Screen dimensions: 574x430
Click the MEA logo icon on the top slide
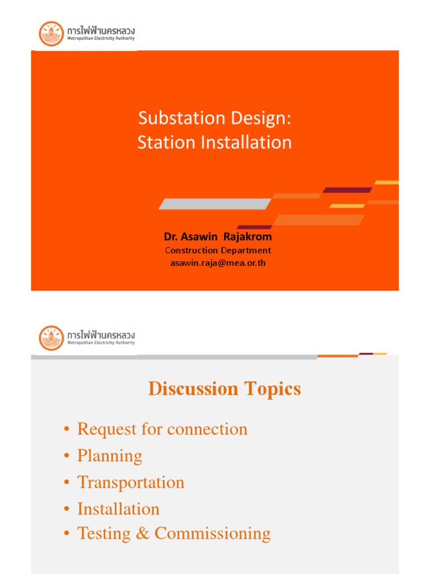click(51, 34)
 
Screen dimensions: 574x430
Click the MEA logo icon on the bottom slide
click(51, 338)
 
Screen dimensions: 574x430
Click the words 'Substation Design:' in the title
click(215, 118)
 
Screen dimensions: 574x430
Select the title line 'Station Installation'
click(215, 142)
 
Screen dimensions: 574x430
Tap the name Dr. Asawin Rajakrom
click(218, 237)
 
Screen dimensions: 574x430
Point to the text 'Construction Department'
click(218, 251)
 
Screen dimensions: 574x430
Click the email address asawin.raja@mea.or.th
click(218, 263)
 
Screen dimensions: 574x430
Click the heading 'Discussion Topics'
click(225, 388)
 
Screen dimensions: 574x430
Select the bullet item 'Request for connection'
click(162, 429)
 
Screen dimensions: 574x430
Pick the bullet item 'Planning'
click(110, 456)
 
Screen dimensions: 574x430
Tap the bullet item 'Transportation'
click(130, 482)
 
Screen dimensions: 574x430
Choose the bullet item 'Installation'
click(118, 509)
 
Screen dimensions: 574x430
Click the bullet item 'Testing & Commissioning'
click(174, 533)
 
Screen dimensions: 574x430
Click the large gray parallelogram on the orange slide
click(215, 204)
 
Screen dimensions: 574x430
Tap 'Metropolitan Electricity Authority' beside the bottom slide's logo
click(101, 343)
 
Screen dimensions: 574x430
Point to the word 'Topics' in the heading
click(271, 388)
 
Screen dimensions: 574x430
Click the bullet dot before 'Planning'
click(67, 456)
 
